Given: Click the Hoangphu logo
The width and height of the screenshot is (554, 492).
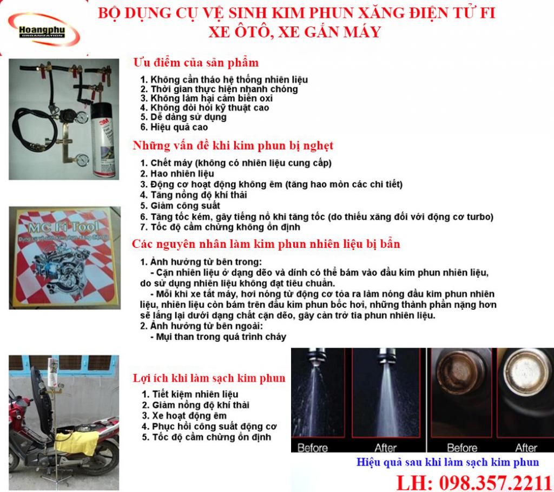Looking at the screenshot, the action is [44, 31].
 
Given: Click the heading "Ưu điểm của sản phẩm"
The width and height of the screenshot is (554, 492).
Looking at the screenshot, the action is [196, 63].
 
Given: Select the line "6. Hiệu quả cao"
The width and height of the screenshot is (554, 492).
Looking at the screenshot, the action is [174, 127].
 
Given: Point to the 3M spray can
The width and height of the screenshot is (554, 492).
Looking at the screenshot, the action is [103, 143].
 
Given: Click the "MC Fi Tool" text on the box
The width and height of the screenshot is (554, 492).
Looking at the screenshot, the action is [64, 227].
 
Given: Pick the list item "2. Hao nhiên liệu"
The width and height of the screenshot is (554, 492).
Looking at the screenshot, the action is [177, 174].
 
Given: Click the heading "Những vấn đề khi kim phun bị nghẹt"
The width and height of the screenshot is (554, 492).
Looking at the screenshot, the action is [233, 146].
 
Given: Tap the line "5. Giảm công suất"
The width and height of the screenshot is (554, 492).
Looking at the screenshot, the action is [180, 206].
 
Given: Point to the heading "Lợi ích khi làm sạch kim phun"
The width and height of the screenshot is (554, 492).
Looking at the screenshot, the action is [209, 378].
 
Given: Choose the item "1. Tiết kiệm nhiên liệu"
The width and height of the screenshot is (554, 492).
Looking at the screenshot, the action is [190, 394].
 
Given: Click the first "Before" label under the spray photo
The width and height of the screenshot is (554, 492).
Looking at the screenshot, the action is [313, 448].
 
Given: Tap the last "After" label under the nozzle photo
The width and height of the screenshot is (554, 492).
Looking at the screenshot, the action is [526, 448].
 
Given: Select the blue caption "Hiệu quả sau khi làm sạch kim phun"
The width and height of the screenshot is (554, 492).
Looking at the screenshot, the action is [447, 462].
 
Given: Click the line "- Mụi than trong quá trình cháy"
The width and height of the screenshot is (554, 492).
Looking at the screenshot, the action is [218, 337].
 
